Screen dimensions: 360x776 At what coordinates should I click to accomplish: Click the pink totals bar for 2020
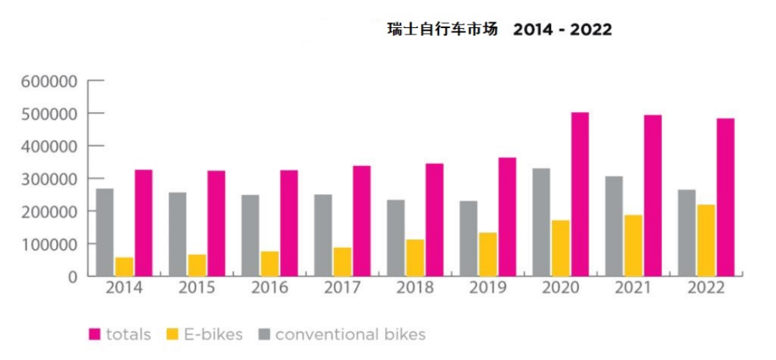click(580, 194)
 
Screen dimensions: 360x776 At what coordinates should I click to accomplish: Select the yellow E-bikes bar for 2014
click(124, 267)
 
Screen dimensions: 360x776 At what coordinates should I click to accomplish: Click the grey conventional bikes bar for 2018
click(396, 238)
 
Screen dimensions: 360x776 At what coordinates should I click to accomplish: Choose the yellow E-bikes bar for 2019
click(488, 254)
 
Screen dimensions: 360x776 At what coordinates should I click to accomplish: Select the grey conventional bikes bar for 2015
click(177, 234)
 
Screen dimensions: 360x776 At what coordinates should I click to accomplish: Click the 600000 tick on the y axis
click(49, 81)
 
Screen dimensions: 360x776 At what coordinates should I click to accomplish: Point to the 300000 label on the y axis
click(49, 179)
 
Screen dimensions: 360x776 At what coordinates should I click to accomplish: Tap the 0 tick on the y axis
click(73, 277)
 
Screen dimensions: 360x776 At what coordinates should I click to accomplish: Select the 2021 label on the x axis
click(633, 288)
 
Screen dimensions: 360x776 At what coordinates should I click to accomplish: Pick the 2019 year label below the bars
click(487, 288)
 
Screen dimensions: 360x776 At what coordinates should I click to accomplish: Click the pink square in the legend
click(94, 334)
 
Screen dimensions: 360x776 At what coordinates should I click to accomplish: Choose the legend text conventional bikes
click(350, 334)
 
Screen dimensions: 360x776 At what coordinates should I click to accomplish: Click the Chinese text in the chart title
click(442, 30)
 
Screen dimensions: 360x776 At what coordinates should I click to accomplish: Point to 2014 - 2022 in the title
click(563, 30)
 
